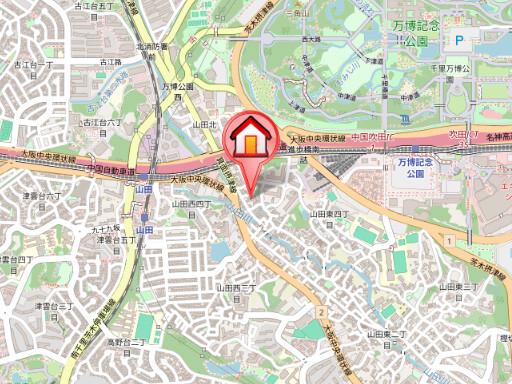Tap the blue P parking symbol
pyautogui.click(x=460, y=39)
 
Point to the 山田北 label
pyautogui.click(x=204, y=123)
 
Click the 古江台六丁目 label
pyautogui.click(x=101, y=123)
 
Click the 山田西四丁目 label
pyautogui.click(x=192, y=203)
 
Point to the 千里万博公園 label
pyautogui.click(x=461, y=67)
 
